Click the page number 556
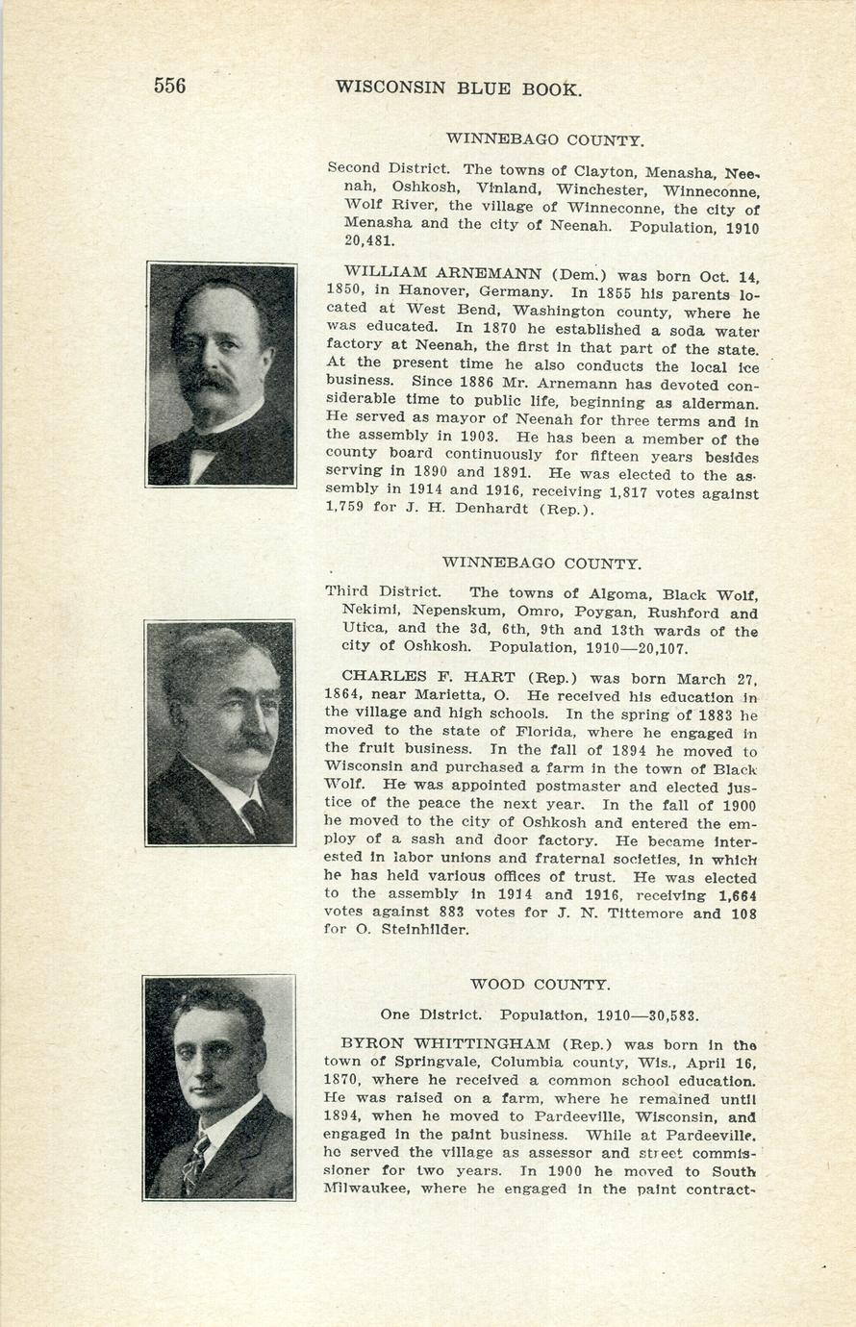[x=169, y=86]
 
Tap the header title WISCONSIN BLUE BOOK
[x=459, y=88]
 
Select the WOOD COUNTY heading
[x=540, y=985]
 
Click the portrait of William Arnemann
[x=221, y=374]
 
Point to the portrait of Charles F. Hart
[x=220, y=733]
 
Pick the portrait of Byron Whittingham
[x=219, y=1088]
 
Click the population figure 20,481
[x=368, y=241]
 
